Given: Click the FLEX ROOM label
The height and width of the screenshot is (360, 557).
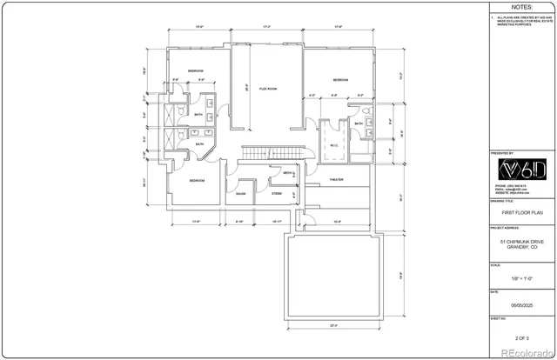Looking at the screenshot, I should point(267,89).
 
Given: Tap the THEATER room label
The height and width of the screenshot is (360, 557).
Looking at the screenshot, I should point(336,180).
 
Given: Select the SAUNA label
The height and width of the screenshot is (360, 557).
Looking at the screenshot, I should point(240,194).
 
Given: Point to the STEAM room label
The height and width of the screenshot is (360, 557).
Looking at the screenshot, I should point(276,194).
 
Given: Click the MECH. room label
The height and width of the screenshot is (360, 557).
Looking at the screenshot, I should point(287,173).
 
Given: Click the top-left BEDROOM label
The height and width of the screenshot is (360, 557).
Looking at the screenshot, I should point(195,70).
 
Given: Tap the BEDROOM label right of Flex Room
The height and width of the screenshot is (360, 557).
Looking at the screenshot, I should point(339,80).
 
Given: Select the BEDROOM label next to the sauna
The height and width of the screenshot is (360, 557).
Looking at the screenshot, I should point(198,181).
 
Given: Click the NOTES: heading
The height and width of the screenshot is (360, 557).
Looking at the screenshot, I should point(520,7).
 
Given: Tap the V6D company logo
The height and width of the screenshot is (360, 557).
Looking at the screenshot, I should point(520,168).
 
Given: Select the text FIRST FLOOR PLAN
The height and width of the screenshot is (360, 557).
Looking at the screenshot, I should point(520,210).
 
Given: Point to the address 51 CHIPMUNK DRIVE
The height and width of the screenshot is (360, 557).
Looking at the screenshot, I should point(520,243).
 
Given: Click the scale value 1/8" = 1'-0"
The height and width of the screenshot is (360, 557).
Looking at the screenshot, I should point(520,277).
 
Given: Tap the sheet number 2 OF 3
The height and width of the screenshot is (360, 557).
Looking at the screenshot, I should point(520,336).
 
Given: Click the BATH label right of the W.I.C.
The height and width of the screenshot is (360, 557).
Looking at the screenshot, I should point(359,124).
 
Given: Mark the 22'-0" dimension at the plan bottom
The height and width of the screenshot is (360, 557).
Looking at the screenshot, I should point(333,326).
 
